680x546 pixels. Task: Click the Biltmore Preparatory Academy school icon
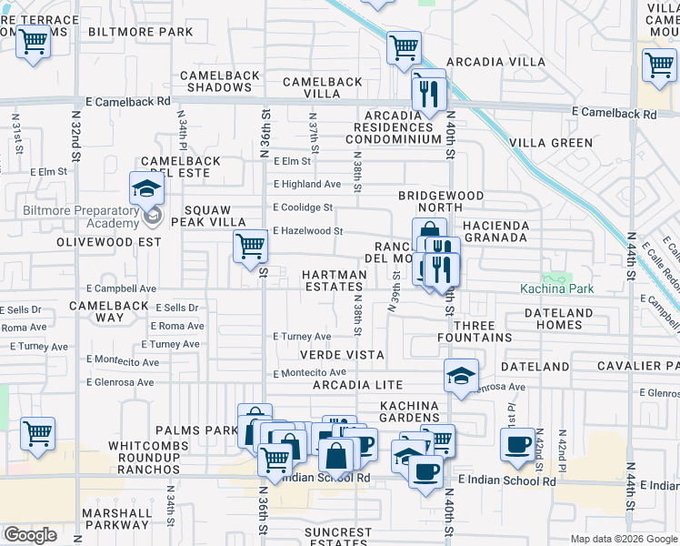(145, 189)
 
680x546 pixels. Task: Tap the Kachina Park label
(556, 289)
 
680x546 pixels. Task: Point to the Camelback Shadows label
(215, 81)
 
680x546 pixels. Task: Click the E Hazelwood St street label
(307, 231)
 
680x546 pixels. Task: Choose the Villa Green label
(551, 143)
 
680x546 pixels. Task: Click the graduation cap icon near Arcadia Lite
(461, 375)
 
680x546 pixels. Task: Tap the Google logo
(30, 534)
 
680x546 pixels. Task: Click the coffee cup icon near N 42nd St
(517, 444)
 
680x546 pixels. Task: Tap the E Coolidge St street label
(303, 207)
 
